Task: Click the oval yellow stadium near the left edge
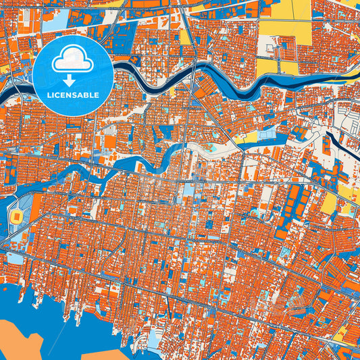(16, 217)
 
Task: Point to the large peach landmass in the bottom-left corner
(27, 341)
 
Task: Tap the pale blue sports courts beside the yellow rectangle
(267, 135)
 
